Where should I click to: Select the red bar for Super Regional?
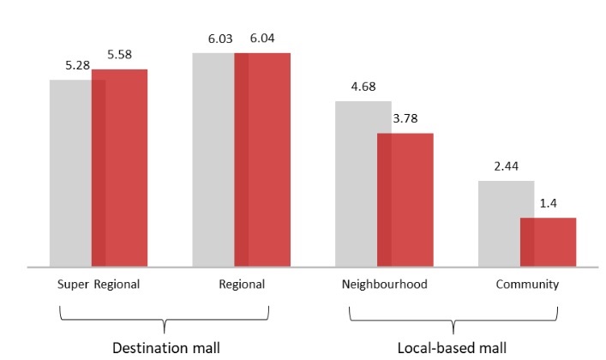(120, 168)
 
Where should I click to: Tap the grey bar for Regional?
(213, 159)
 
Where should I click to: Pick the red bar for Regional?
(262, 159)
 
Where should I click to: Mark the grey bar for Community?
(500, 224)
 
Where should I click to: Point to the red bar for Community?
(549, 242)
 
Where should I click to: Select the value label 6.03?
(220, 39)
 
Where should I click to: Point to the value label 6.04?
(263, 39)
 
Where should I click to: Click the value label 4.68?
(363, 87)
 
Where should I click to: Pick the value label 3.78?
(405, 119)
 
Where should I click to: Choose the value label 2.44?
(506, 166)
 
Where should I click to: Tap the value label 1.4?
(548, 204)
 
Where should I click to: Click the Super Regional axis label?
(99, 284)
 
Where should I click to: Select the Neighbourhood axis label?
(384, 284)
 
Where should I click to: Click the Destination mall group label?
(166, 347)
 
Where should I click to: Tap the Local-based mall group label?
(452, 347)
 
